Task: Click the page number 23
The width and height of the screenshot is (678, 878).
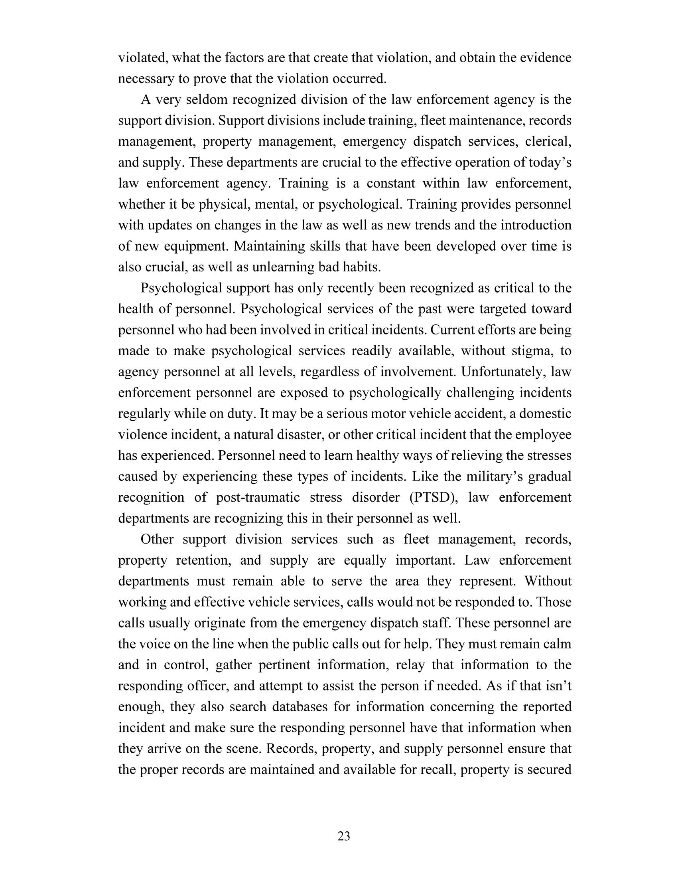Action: click(x=344, y=836)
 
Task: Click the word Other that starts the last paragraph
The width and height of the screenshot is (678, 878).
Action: click(x=157, y=539)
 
